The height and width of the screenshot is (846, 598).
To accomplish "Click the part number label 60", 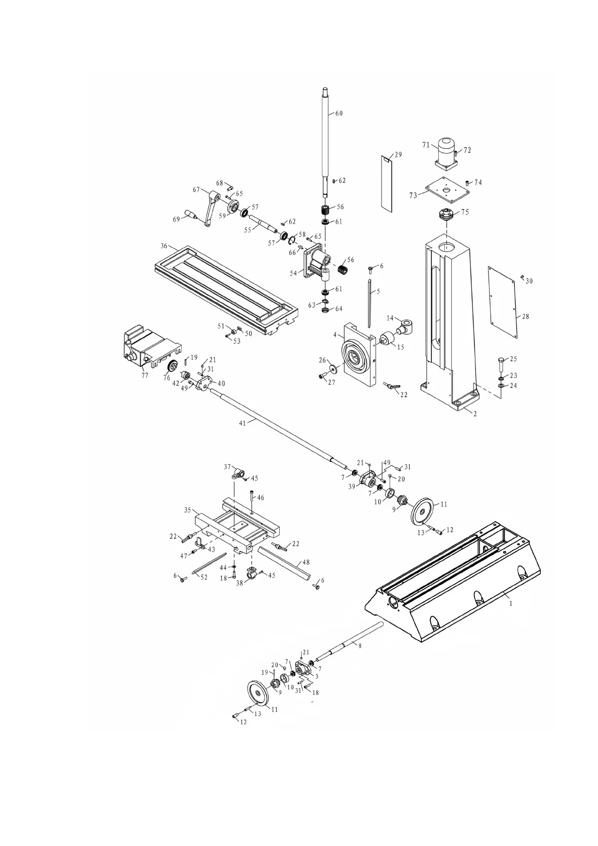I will [339, 114].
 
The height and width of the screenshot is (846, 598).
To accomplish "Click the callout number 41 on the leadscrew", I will [243, 423].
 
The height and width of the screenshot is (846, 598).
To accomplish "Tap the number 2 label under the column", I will [475, 414].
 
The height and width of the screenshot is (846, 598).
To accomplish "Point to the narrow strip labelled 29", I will [386, 183].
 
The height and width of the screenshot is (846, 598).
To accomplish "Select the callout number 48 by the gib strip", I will [306, 563].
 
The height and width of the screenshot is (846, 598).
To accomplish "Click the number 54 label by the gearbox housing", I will [294, 273].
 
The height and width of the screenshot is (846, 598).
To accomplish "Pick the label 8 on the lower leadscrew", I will [360, 646].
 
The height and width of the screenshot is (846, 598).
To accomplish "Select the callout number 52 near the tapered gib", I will [204, 577].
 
